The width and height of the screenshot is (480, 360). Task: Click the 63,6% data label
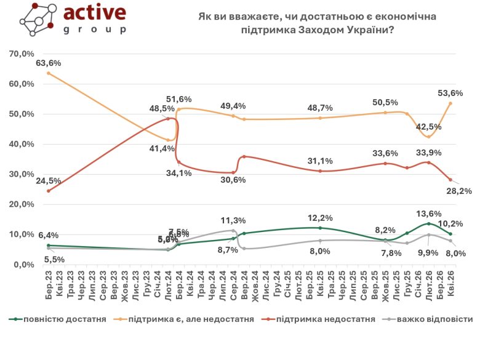click(x=49, y=63)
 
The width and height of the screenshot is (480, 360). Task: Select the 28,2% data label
click(x=459, y=191)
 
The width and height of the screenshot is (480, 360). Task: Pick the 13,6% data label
click(x=429, y=214)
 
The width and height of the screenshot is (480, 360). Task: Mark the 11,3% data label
click(x=234, y=220)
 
